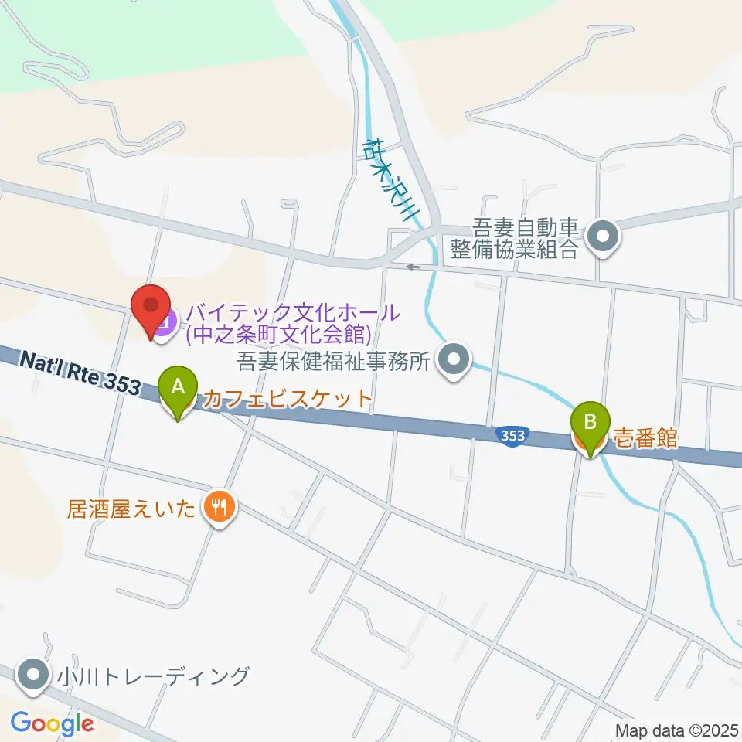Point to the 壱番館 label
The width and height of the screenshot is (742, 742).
pos(645,438)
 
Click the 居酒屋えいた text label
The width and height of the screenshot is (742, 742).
pos(132,508)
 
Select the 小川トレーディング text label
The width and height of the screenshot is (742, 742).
pos(153,676)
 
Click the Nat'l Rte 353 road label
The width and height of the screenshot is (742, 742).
pos(80,373)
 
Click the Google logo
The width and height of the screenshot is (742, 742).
pos(53,723)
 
